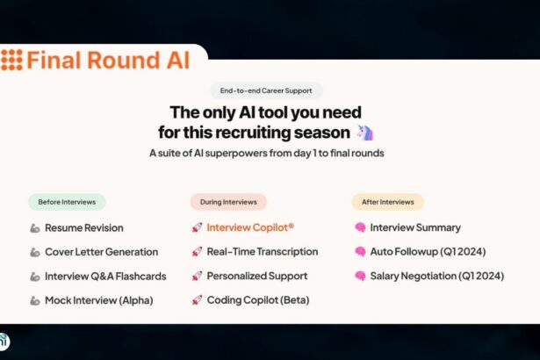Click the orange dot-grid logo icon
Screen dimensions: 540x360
(11, 60)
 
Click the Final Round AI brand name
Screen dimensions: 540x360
(108, 60)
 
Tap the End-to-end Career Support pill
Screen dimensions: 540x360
(266, 90)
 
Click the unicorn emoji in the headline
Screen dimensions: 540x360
(364, 133)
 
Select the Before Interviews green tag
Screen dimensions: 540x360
(67, 202)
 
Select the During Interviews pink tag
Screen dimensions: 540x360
(228, 202)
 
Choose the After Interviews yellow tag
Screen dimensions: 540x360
(388, 202)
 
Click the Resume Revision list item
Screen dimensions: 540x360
(84, 227)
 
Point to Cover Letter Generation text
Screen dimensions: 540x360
(102, 252)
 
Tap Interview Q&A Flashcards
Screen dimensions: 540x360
(105, 277)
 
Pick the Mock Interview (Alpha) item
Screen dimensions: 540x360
(99, 300)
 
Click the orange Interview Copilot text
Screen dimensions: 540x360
(250, 227)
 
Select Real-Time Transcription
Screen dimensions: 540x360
(262, 251)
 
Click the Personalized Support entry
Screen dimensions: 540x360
(257, 276)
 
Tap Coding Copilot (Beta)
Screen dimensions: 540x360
(258, 300)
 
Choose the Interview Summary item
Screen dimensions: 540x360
(415, 227)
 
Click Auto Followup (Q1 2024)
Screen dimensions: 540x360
(428, 251)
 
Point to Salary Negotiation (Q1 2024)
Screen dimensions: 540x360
(437, 276)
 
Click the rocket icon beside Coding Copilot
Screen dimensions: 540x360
(197, 300)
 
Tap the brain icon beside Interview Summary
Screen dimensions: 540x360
(360, 227)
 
